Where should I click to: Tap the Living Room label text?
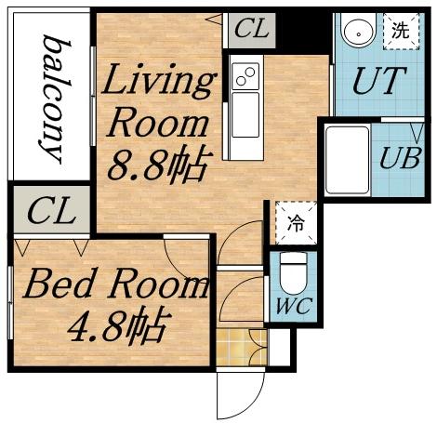tap(157, 102)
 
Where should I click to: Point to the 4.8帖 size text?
tap(119, 325)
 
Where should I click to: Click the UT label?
tap(379, 82)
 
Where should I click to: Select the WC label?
tap(292, 303)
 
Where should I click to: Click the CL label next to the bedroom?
tap(50, 212)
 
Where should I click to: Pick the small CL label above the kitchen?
tap(251, 30)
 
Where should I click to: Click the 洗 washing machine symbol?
tap(401, 31)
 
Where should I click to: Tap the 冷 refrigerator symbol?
tap(294, 224)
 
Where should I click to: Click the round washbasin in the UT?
tap(356, 33)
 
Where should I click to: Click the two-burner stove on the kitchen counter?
tap(245, 75)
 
